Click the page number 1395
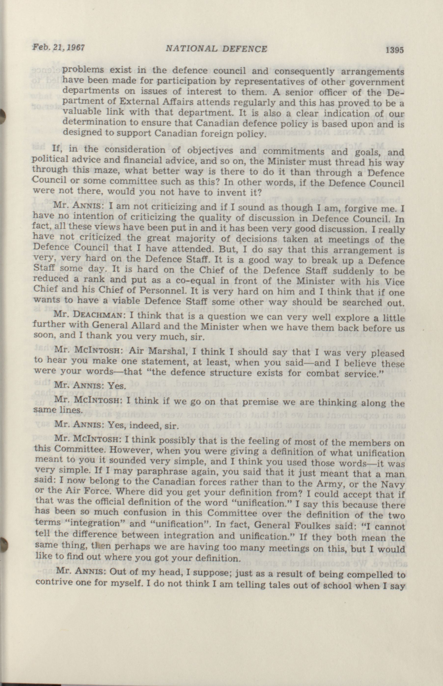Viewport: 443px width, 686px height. point(395,50)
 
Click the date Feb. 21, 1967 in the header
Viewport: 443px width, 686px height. point(58,47)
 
